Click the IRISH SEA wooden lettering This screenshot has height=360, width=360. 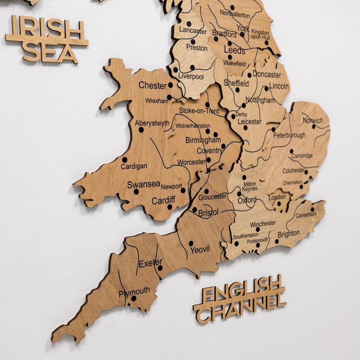pyautogui.click(x=47, y=39)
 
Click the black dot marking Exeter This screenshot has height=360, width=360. pyautogui.click(x=160, y=268)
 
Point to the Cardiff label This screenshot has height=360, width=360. pyautogui.click(x=163, y=201)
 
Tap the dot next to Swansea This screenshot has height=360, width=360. pyautogui.click(x=136, y=191)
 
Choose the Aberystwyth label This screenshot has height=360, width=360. pyautogui.click(x=152, y=123)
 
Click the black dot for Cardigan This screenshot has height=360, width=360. pyautogui.click(x=125, y=159)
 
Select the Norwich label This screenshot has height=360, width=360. pyautogui.click(x=313, y=120)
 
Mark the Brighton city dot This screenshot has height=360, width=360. pyautogui.click(x=276, y=241)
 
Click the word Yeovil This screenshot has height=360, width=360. pyautogui.click(x=200, y=249)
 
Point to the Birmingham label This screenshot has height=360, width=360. pyautogui.click(x=203, y=140)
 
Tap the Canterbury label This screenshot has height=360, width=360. pyautogui.click(x=306, y=215)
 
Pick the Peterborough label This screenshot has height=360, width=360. pyautogui.click(x=289, y=135)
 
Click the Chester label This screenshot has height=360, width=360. pyautogui.click(x=153, y=85)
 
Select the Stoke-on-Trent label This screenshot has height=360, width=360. pyautogui.click(x=199, y=111)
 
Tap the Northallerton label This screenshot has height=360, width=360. pyautogui.click(x=235, y=15)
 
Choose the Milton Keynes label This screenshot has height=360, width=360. pyautogui.click(x=250, y=186)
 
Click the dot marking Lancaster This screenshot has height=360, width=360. pyautogui.click(x=189, y=24)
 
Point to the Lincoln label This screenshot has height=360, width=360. pyautogui.click(x=279, y=86)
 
